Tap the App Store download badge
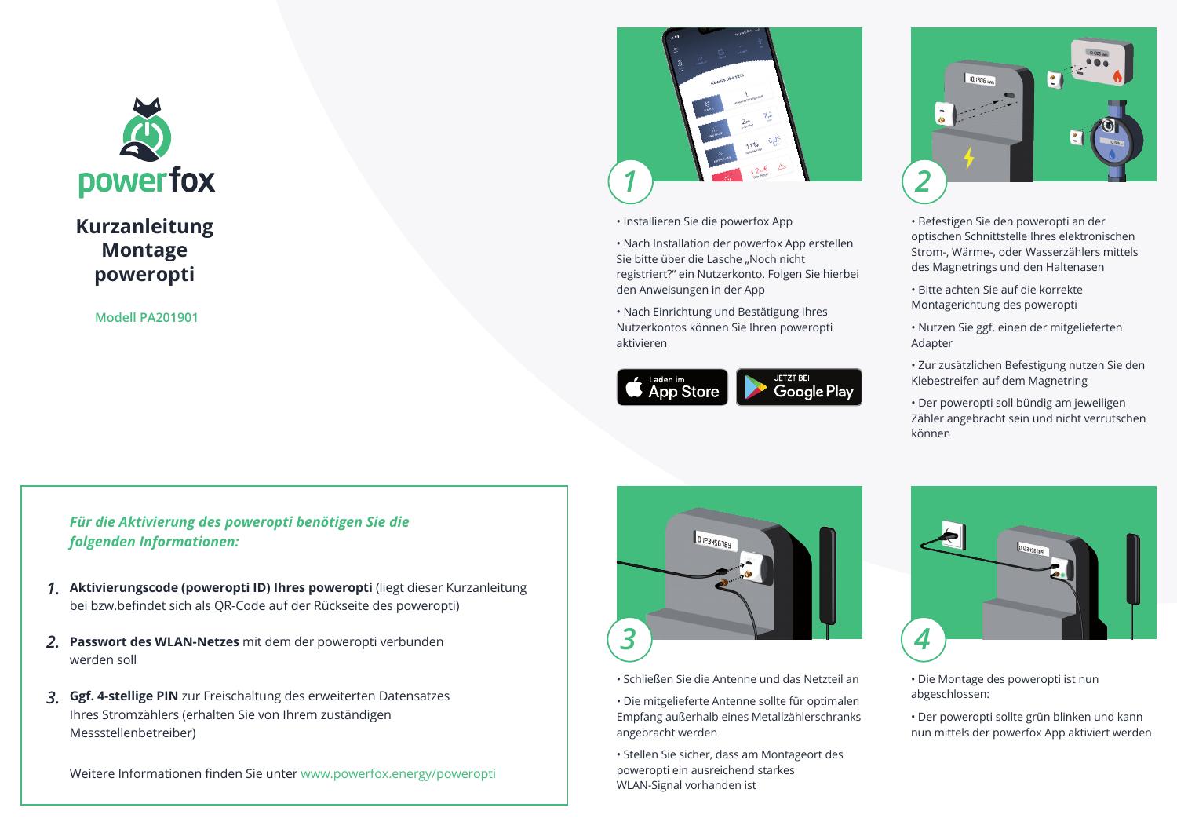click(672, 387)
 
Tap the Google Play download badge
click(799, 387)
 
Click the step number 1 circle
click(629, 181)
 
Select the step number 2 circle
click(924, 181)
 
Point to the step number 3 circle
click(629, 639)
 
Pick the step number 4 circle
click(923, 639)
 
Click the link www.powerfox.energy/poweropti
click(398, 773)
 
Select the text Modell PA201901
click(146, 317)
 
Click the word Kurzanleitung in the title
click(144, 226)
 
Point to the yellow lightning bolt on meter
click(969, 157)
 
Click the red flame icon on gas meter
click(1117, 76)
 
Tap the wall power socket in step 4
click(953, 536)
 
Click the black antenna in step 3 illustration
click(828, 573)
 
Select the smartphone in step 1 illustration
click(730, 106)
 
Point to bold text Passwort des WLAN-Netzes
click(154, 641)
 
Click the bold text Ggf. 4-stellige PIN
click(124, 696)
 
